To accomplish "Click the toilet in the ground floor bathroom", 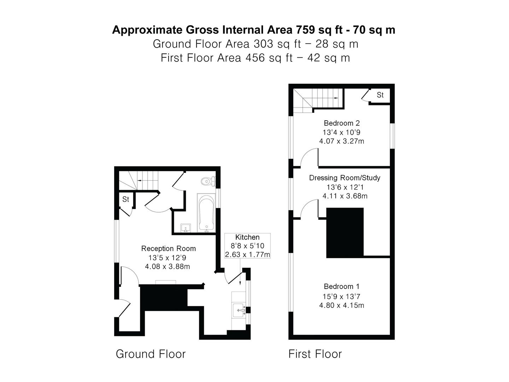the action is point(208,181).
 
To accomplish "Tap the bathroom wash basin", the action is point(185,228).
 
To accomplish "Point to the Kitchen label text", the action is point(247,237).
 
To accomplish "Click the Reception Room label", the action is point(168,248).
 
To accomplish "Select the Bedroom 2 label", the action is point(341,123).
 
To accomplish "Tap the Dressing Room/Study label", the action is point(345,178).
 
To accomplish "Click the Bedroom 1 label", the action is point(341,286).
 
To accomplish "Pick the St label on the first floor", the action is point(380,95).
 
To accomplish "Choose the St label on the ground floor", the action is point(125,199).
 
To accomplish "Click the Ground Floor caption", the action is point(151,354).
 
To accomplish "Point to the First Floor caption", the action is point(315,354).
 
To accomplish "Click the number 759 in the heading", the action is point(305,30).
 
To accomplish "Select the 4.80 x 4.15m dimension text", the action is point(341,305).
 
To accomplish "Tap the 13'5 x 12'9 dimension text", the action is point(167,257).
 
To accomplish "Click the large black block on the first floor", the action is point(345,233).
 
